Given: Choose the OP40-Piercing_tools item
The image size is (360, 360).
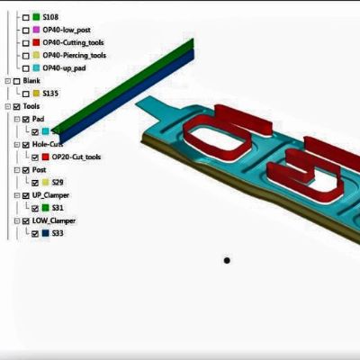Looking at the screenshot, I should tap(79, 55).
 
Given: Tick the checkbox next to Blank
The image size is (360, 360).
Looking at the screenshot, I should tap(15, 80).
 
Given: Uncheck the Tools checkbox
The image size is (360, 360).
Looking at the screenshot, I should tap(15, 106).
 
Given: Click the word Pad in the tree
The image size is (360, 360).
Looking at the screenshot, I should tap(39, 119).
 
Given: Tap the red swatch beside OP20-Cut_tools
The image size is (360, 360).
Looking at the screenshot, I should tap(45, 157).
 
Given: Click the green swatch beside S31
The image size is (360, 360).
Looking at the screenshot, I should tap(45, 208).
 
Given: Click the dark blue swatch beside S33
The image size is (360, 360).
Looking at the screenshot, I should tap(45, 233).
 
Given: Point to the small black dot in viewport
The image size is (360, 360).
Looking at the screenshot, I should tap(227, 261).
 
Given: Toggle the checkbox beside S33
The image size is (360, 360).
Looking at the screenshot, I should tap(34, 233).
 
